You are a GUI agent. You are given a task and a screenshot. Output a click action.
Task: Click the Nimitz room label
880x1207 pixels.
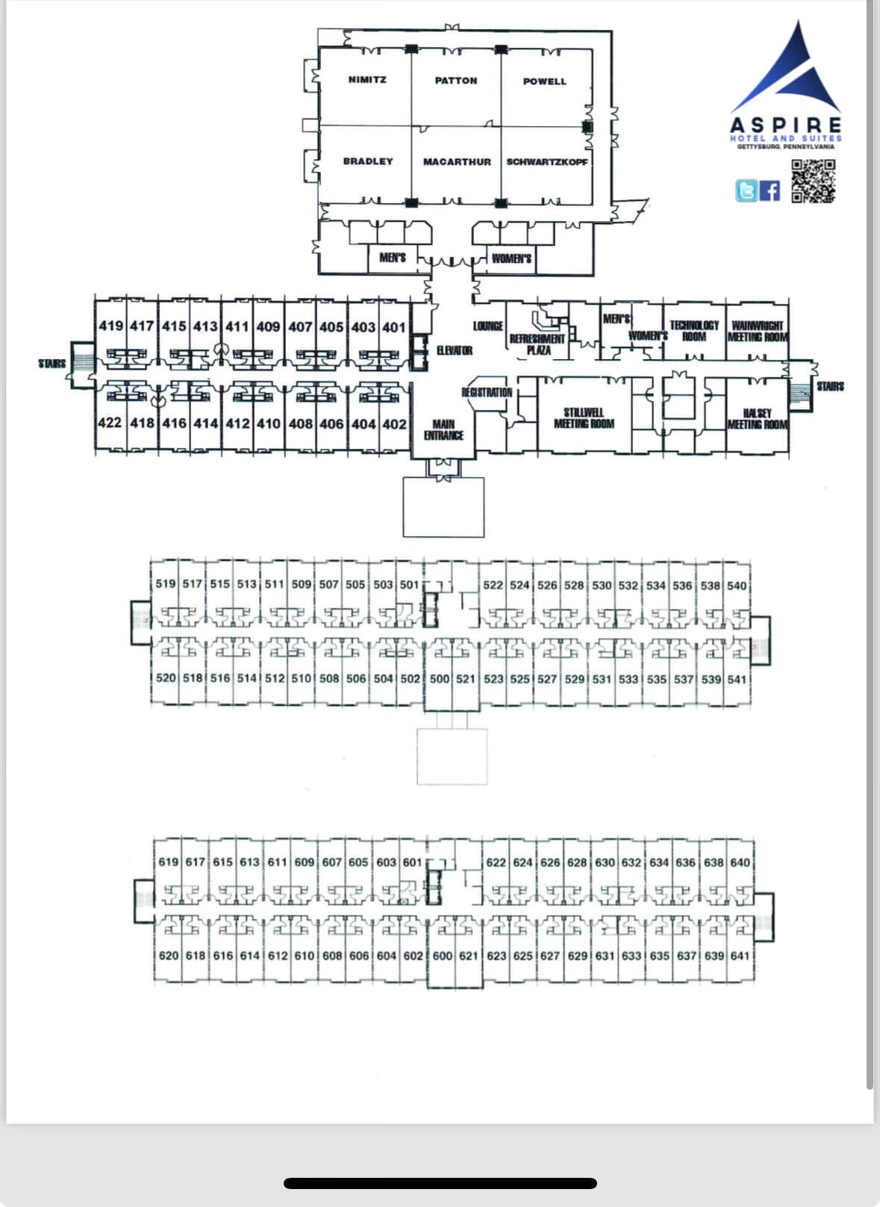[x=367, y=80]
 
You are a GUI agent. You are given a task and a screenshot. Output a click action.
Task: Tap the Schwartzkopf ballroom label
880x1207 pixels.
[x=547, y=161]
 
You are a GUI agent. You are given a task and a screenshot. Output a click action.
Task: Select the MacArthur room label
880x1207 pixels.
[x=457, y=161]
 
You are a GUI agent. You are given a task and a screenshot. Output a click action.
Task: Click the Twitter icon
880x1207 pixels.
[x=746, y=190]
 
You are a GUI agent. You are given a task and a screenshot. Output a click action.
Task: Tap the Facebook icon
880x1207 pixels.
[x=770, y=190]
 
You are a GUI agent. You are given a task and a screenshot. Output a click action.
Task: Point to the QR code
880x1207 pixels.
[x=813, y=181]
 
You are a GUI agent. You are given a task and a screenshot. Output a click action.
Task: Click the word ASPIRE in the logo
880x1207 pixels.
[x=786, y=125]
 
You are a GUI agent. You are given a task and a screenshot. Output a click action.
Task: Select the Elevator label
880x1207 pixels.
[x=454, y=350]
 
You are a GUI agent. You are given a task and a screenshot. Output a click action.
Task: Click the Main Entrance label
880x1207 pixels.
[x=443, y=429]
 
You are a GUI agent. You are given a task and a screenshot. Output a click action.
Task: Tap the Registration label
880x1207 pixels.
[x=487, y=392]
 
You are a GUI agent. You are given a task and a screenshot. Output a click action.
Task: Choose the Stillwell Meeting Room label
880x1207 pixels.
[x=584, y=418]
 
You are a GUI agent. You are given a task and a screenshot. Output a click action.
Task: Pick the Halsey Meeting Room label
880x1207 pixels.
[x=758, y=418]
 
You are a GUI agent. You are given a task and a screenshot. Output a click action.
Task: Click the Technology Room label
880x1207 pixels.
[x=694, y=331]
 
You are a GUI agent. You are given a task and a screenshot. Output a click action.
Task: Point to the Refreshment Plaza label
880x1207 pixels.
[x=537, y=344]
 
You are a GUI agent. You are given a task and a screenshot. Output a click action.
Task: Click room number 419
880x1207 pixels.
[x=110, y=326]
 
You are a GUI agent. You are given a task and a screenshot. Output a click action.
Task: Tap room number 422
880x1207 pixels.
[x=109, y=423]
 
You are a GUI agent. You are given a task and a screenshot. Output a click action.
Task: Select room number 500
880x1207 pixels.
[x=440, y=679]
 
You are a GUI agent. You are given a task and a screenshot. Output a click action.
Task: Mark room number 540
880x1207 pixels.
[x=737, y=586]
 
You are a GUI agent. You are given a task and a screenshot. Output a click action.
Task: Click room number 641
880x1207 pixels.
[x=740, y=955]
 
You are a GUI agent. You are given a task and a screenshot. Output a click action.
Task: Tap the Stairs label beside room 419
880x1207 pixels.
[x=52, y=363]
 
